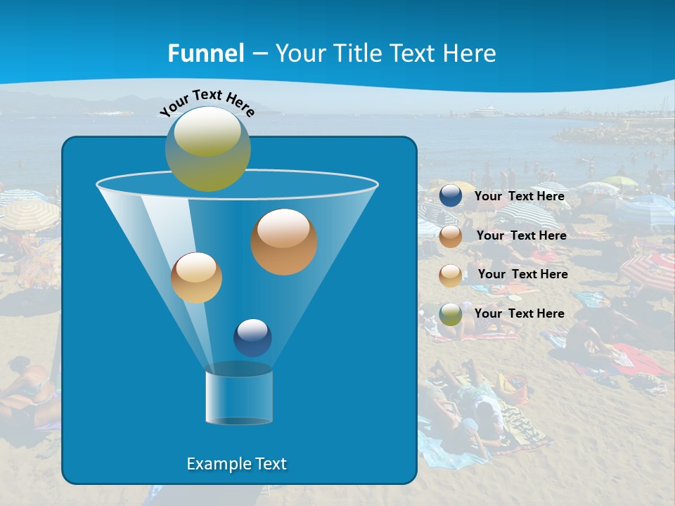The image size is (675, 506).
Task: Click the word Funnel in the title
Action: [x=206, y=53]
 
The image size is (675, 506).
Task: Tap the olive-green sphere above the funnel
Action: [x=208, y=148]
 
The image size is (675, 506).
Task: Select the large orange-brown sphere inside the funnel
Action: [x=284, y=242]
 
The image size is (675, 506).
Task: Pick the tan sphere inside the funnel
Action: [x=196, y=278]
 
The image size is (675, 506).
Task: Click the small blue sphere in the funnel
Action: [x=252, y=337]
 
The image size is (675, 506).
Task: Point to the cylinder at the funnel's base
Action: [x=239, y=397]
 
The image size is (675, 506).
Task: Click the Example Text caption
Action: [x=237, y=464]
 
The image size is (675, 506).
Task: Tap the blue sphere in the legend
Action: [x=451, y=196]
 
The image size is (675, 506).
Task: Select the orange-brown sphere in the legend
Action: [x=451, y=236]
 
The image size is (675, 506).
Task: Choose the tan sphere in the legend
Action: [x=451, y=275]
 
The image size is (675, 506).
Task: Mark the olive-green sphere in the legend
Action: [x=451, y=314]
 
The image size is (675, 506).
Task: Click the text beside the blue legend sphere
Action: [x=520, y=197]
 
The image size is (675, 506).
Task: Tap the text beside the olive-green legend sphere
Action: [x=520, y=313]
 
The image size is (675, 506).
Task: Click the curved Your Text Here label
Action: [x=207, y=102]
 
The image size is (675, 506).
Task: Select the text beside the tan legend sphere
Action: [x=522, y=274]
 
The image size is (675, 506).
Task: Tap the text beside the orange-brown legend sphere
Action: [x=521, y=235]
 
